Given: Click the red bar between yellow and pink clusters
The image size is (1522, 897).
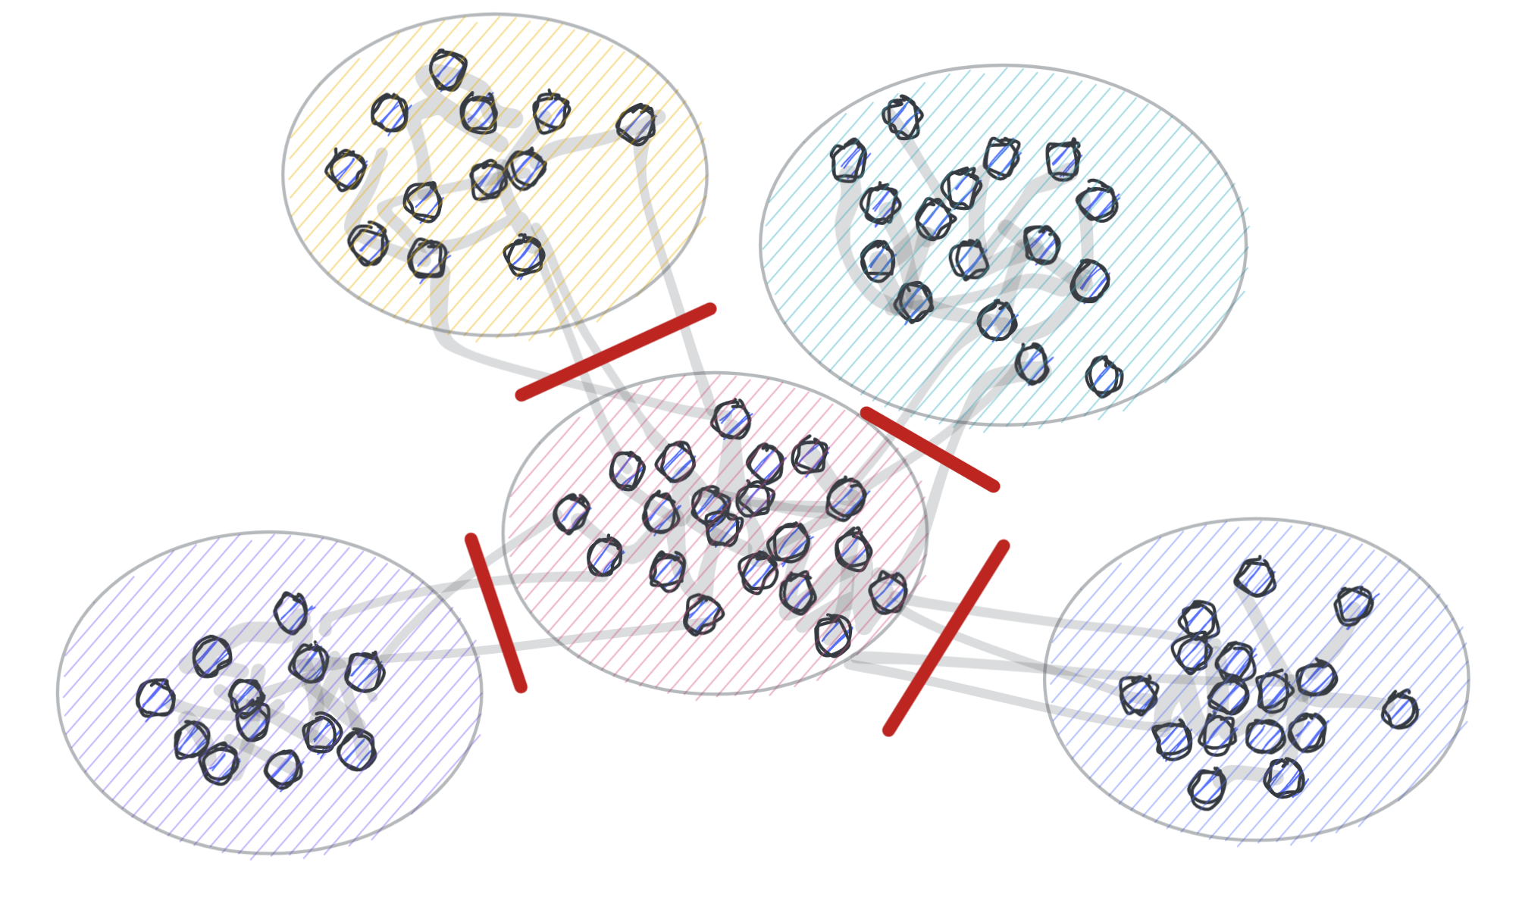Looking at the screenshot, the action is [x=615, y=352].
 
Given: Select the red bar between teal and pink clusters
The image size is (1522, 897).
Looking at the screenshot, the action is [x=929, y=449].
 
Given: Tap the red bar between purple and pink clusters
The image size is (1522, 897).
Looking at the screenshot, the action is [x=496, y=612].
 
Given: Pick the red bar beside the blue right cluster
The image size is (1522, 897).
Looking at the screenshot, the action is [x=947, y=637].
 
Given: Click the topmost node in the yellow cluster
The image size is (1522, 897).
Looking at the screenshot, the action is [x=448, y=70].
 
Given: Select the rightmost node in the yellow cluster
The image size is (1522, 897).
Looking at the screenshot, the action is [x=636, y=125].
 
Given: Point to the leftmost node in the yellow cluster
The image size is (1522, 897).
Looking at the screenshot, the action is [x=346, y=170].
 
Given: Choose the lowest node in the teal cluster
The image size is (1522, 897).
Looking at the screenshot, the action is [x=1104, y=377].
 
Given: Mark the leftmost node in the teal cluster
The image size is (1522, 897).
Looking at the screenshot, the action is [x=848, y=161].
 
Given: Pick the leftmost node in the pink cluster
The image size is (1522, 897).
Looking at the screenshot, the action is [x=572, y=514].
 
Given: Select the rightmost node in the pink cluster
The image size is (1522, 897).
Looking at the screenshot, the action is [x=888, y=592].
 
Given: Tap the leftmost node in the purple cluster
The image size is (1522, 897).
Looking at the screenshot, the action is [x=155, y=698].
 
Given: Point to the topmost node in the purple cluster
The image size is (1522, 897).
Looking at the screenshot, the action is [x=292, y=613].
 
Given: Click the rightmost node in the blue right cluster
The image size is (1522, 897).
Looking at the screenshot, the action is [x=1399, y=710].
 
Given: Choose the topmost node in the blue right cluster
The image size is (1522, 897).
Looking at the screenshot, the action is [x=1255, y=578].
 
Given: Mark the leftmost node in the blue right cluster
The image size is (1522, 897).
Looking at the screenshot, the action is [x=1138, y=695].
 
